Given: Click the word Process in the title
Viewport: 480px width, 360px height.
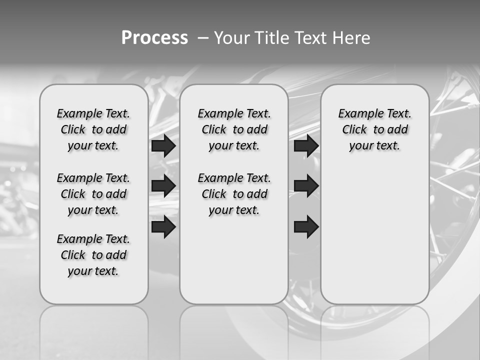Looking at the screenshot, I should coord(154,38).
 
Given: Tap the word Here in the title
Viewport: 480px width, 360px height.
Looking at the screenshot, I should coord(350,38).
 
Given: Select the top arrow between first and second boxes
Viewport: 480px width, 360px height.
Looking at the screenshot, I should coord(163,145).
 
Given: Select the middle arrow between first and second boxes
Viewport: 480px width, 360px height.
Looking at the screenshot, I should coord(163,186).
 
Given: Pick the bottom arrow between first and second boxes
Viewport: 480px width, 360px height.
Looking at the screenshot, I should coord(163,226).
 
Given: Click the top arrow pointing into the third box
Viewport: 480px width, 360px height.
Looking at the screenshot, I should coord(306,145).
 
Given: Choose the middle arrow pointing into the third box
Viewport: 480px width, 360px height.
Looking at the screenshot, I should coord(306,186).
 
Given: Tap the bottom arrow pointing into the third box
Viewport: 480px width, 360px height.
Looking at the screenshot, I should coord(306,226).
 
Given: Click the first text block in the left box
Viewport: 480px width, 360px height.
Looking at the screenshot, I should coord(93,129).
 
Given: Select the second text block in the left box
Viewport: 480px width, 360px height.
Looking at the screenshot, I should coord(93,194).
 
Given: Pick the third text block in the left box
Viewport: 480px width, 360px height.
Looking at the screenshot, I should coord(93,255).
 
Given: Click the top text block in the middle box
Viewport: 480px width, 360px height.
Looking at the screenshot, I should coord(234,129).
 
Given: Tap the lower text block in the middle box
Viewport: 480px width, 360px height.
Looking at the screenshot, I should coord(234,194).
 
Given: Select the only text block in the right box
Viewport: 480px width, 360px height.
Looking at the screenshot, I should coord(374,129).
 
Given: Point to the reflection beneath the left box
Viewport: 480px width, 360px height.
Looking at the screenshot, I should coord(93,330).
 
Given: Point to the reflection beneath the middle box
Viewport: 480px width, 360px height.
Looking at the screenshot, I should coord(234,330).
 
